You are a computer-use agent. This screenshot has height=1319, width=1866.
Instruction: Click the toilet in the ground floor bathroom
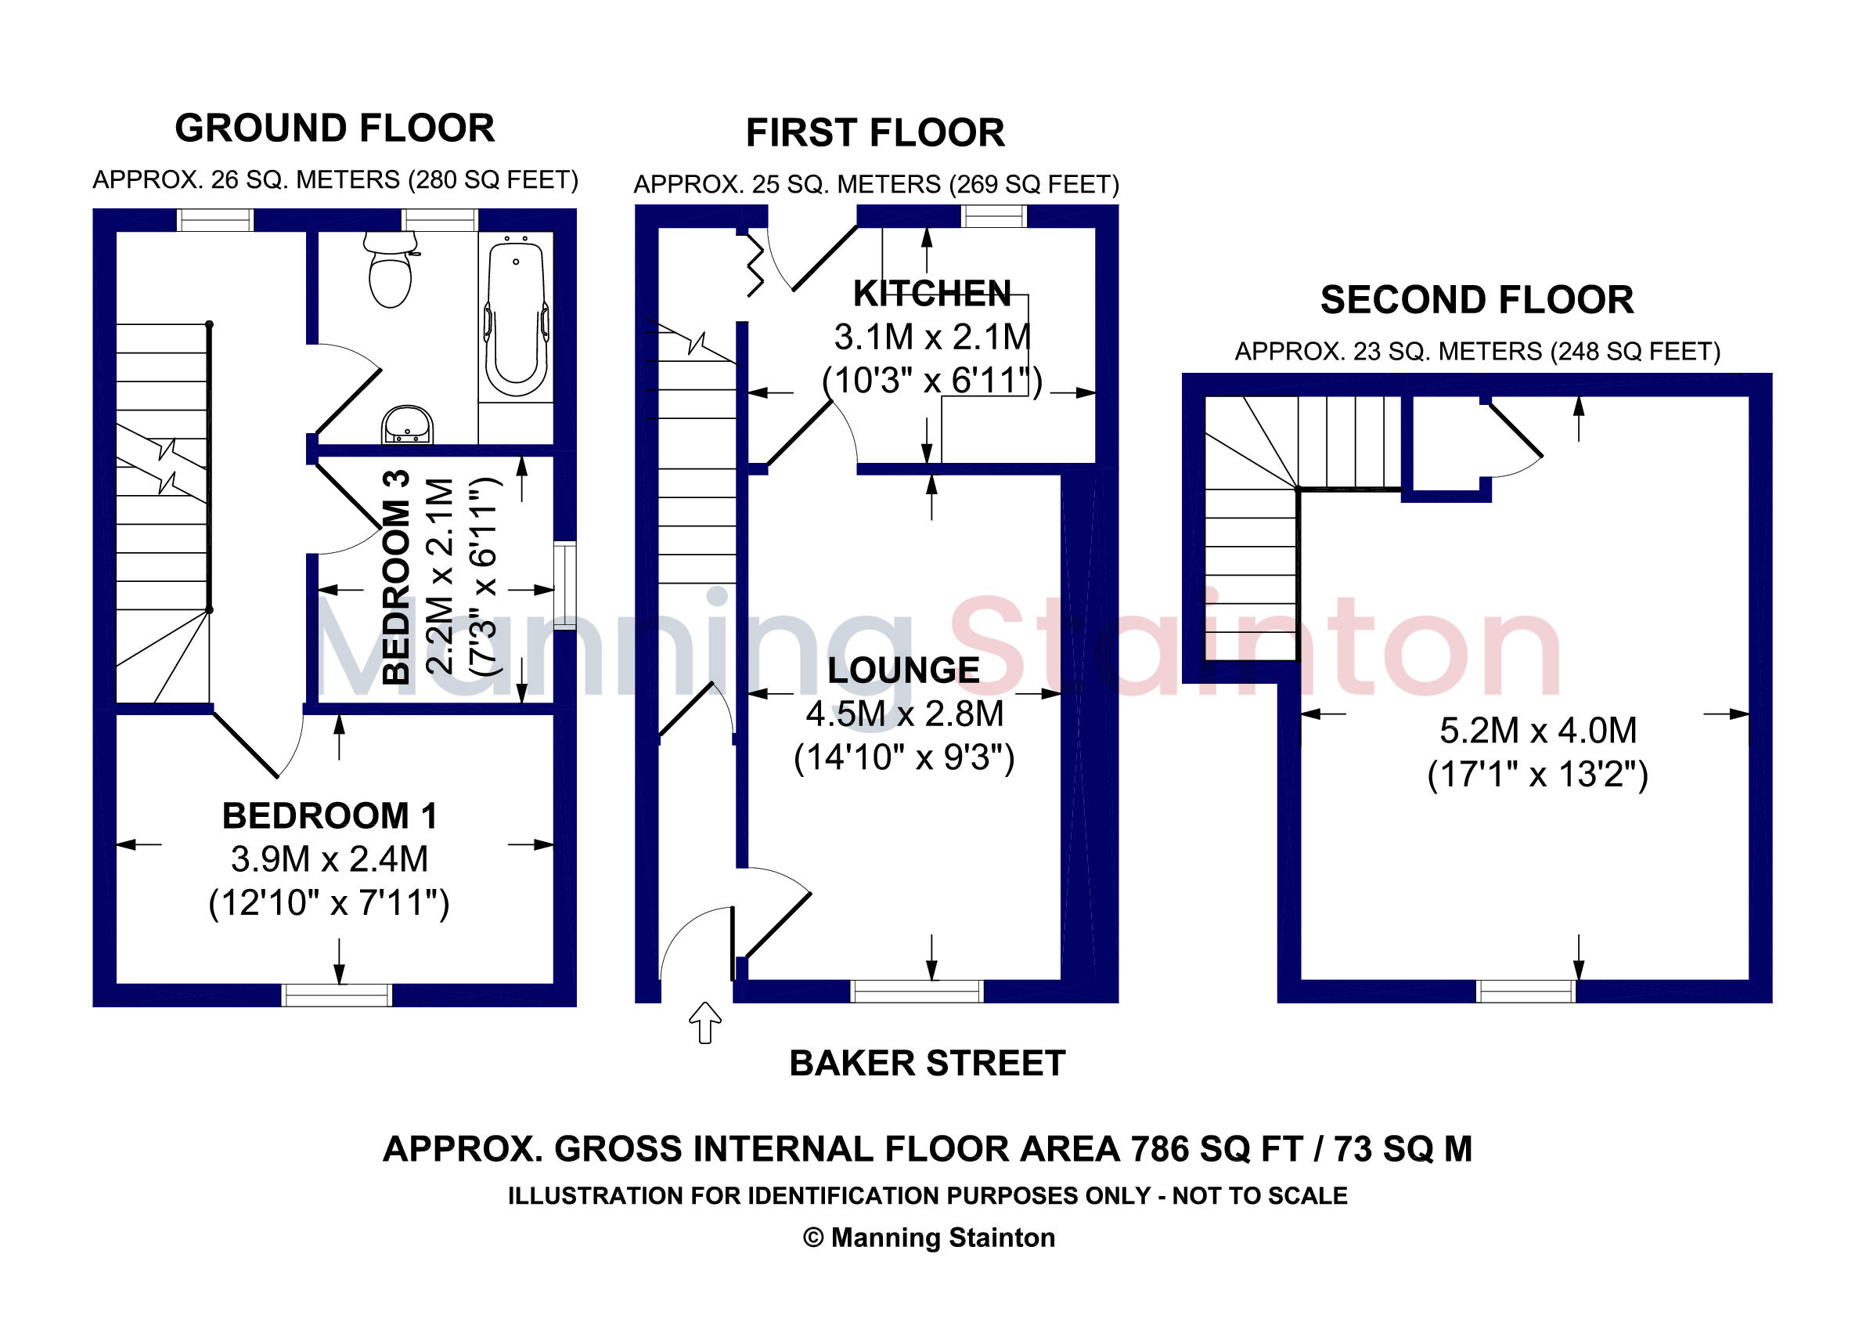390,269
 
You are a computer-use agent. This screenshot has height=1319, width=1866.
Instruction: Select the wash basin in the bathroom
407,425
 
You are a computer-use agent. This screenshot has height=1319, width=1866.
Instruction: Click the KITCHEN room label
932,294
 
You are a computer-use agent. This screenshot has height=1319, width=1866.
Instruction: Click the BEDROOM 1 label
330,815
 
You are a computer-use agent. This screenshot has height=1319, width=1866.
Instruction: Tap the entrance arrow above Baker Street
704,1022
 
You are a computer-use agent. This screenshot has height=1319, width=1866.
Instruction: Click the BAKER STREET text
928,1063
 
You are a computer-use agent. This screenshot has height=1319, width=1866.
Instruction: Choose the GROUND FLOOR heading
335,128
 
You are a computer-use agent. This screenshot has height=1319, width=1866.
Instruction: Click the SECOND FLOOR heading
1477,300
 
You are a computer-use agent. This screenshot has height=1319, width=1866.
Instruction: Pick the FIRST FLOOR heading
875,133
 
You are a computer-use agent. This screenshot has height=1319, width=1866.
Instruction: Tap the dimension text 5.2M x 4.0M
1539,730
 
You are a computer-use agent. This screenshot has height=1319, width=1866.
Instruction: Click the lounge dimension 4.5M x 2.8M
905,714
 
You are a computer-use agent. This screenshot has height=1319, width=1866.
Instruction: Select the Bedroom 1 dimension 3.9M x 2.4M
330,858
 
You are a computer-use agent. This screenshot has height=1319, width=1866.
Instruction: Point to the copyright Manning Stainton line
929,1238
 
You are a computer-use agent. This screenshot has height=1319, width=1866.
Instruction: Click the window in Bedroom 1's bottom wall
337,995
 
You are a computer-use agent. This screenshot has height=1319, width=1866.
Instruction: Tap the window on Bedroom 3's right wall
565,586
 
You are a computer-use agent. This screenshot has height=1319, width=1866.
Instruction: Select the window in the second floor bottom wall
1526,992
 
